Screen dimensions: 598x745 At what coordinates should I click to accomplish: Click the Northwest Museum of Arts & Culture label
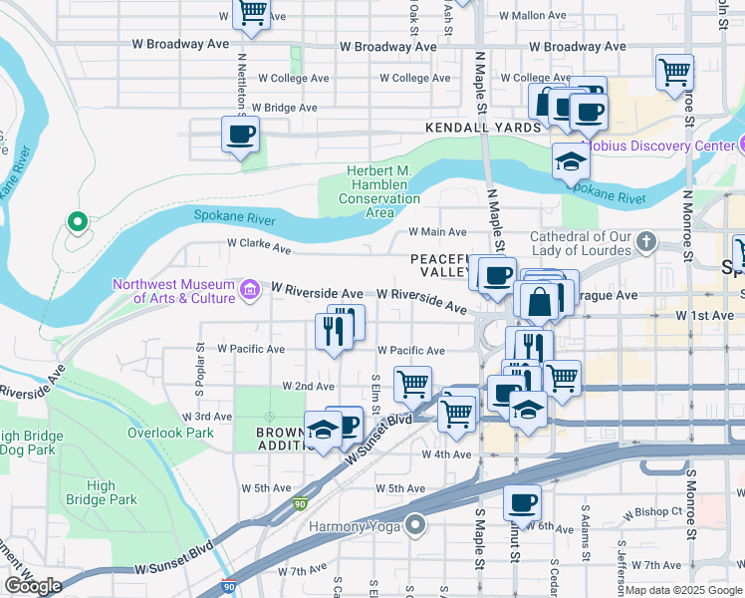pos(173,290)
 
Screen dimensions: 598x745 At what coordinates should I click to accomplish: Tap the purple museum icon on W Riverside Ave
pos(250,290)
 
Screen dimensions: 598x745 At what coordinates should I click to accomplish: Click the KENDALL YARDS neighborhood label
pos(482,128)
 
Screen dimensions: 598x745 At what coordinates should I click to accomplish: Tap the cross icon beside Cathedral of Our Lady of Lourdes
pos(646,241)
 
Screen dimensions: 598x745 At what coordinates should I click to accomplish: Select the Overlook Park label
pos(170,433)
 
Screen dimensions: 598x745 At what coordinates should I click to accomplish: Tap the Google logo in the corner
pos(33,586)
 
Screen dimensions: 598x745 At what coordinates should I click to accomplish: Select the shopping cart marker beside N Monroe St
pos(674,72)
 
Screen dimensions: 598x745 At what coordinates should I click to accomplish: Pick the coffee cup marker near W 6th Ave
pos(521,503)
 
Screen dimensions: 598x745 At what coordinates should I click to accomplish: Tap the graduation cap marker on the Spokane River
pos(570,161)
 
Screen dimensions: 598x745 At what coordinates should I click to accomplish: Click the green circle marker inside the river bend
pos(77,221)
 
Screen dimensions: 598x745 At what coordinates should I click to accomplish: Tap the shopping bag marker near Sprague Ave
pos(538,301)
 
